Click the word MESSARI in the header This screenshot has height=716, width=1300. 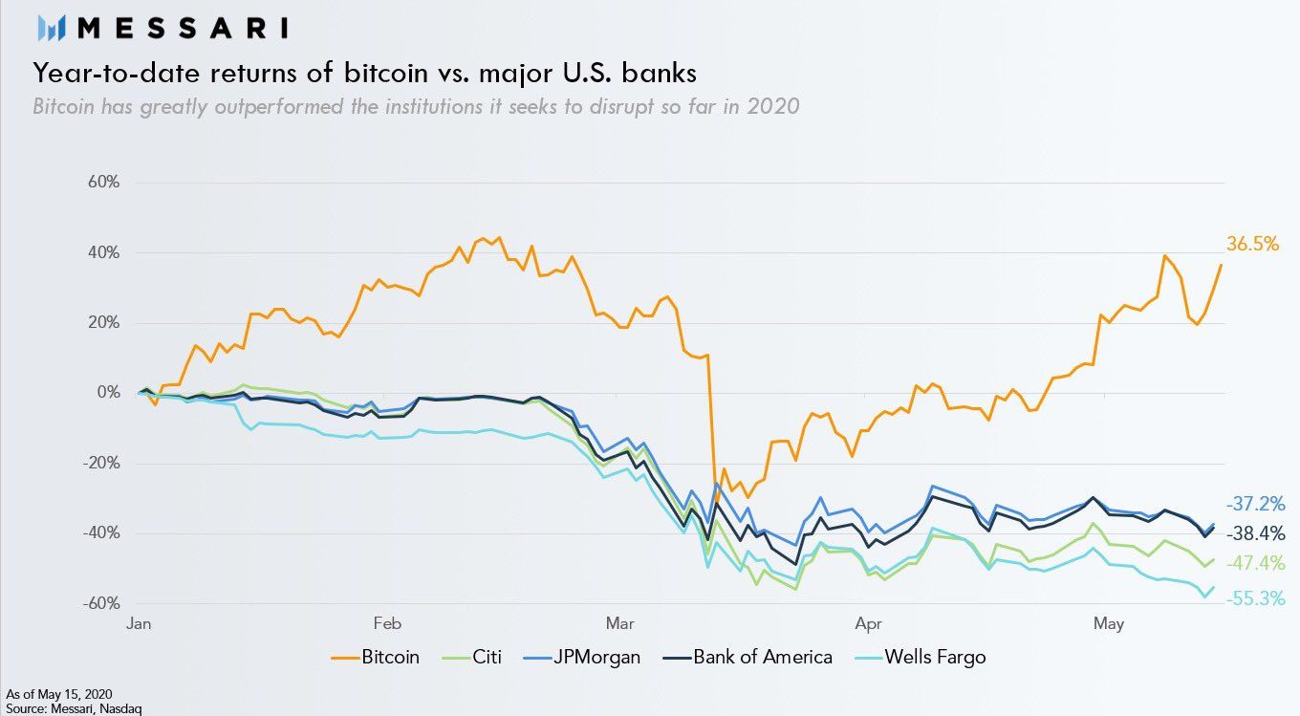click(x=183, y=28)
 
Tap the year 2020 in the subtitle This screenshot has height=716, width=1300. click(x=772, y=106)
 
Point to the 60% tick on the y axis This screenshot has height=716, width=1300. click(x=100, y=183)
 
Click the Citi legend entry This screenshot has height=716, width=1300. click(x=485, y=658)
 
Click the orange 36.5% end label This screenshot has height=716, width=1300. click(x=1252, y=245)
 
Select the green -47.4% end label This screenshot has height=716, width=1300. click(x=1254, y=563)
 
